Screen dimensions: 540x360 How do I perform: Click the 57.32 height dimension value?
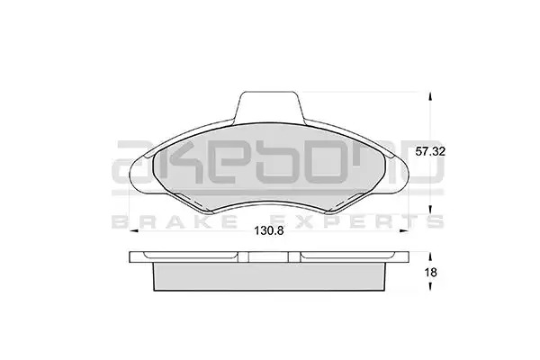tap(430, 151)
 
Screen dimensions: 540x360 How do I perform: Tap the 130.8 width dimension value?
tap(269, 230)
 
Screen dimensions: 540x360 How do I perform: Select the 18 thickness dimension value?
tap(431, 273)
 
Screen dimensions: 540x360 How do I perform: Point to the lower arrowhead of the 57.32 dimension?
tap(429, 209)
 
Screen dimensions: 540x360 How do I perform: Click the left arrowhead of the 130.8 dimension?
tap(133, 230)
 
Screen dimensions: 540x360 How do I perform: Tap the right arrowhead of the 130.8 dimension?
tap(403, 230)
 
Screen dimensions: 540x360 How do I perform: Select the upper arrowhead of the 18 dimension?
tap(429, 256)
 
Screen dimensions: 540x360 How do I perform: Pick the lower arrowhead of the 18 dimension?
tap(429, 286)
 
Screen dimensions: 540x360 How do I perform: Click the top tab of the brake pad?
tap(269, 106)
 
